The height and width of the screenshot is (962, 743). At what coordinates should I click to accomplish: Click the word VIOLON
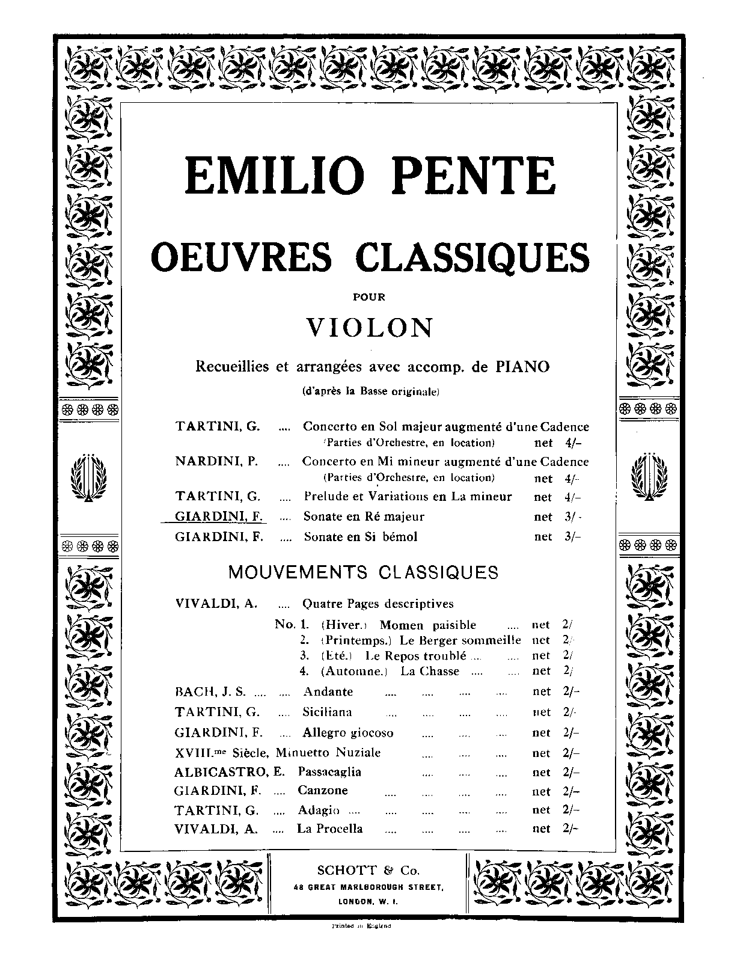[x=370, y=328]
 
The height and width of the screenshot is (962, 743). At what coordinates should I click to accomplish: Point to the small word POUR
[x=370, y=296]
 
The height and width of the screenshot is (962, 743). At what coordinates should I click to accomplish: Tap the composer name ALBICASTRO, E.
[x=230, y=772]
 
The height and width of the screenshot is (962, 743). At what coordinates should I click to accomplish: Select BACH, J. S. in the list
[x=210, y=691]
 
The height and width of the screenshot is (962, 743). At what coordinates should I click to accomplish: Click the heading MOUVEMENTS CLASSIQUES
[x=363, y=572]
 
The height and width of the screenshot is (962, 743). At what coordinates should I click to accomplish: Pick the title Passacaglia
[x=329, y=772]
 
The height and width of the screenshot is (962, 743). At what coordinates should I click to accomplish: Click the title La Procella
[x=329, y=829]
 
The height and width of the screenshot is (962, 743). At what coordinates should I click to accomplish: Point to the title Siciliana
[x=327, y=712]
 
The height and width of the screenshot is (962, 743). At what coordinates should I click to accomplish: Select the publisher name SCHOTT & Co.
[x=368, y=870]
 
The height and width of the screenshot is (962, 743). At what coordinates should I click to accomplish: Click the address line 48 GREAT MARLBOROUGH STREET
[x=368, y=887]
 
